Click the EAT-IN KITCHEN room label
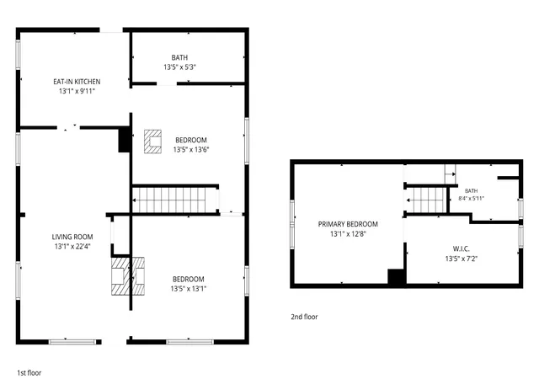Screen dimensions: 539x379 [77, 82]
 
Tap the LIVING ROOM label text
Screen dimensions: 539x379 [72, 237]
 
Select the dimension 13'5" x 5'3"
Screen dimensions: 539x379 [179, 67]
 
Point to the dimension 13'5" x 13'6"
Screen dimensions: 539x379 [191, 150]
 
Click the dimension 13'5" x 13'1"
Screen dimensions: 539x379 [189, 289]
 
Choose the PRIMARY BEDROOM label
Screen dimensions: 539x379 [348, 224]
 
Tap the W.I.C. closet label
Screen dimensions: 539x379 [462, 249]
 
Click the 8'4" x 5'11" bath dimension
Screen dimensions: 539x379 [471, 199]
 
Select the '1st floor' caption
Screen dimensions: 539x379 [29, 373]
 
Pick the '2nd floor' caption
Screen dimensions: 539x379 [304, 317]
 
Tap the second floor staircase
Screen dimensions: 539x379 [426, 200]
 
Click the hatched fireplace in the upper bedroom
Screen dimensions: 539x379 [152, 141]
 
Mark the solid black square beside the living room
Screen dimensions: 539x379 [124, 140]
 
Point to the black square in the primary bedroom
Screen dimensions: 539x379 [397, 277]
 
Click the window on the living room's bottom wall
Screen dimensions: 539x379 [72, 342]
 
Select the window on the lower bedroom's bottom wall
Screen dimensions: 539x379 [189, 342]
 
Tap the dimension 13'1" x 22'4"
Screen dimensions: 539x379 [72, 247]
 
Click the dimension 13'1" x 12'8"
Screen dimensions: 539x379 [348, 234]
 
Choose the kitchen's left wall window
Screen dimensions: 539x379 [19, 55]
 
